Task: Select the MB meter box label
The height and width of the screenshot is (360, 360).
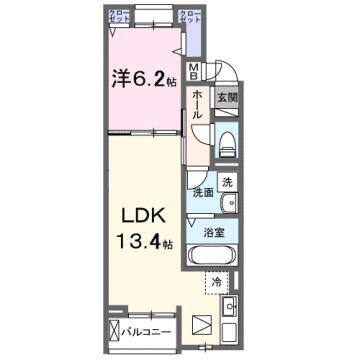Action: click(195, 73)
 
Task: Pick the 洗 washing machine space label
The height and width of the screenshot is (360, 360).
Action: click(227, 182)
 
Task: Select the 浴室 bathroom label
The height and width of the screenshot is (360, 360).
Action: click(212, 233)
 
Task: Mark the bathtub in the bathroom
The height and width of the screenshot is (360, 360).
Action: click(210, 256)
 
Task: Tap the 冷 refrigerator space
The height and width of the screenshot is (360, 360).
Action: click(217, 283)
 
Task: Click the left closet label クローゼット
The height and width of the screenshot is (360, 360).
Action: click(118, 17)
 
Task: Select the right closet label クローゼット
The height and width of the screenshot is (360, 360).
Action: click(188, 17)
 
